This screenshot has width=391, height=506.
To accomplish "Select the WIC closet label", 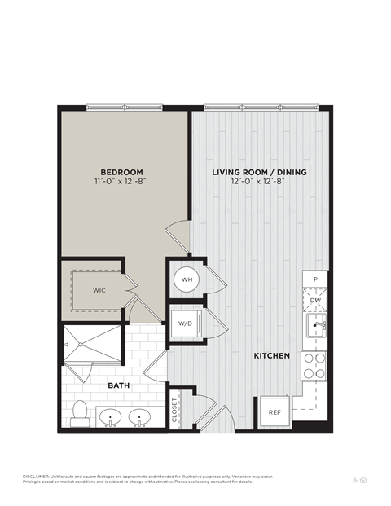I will click(99, 289).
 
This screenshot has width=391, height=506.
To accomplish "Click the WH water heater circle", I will click(187, 280).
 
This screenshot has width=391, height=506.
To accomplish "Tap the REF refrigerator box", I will click(275, 411).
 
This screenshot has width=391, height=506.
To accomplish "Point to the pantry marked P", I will click(315, 279).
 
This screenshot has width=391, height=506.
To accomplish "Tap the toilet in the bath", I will click(80, 414).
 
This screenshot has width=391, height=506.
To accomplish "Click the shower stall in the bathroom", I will click(93, 345).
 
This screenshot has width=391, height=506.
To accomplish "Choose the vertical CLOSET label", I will click(174, 409).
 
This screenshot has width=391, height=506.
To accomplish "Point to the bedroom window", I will click(125, 107).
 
